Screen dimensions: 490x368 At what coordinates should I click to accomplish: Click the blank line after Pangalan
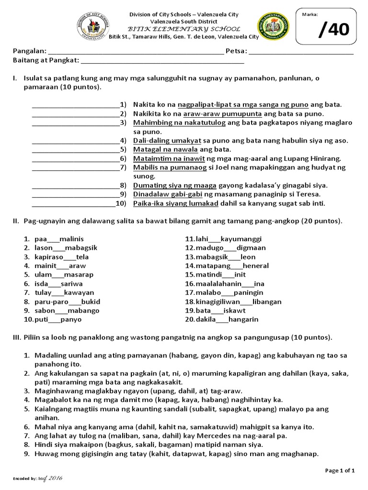point(136,52)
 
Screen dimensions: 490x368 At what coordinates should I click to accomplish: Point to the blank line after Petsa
point(301,52)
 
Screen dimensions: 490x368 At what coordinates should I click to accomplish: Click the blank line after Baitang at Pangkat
point(163,61)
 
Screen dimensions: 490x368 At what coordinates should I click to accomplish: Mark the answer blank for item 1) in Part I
point(76,105)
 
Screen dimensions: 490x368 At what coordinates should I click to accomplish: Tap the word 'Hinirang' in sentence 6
point(327,158)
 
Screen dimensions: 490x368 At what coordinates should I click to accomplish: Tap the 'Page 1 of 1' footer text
point(340,471)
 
